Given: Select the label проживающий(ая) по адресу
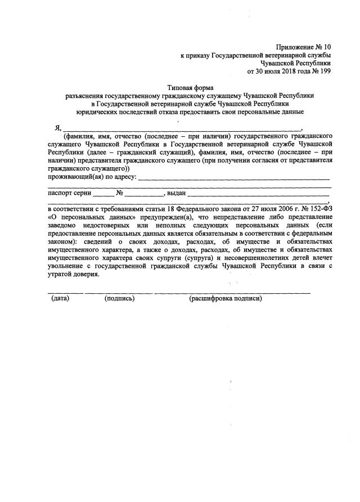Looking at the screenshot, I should (x=91, y=177).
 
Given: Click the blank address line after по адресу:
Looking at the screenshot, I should (x=234, y=178).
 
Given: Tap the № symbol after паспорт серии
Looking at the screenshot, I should (x=119, y=193).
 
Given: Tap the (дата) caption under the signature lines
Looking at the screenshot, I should (x=60, y=298).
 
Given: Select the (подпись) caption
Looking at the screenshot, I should (x=119, y=298).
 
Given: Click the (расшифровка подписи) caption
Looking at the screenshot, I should (x=226, y=298).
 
